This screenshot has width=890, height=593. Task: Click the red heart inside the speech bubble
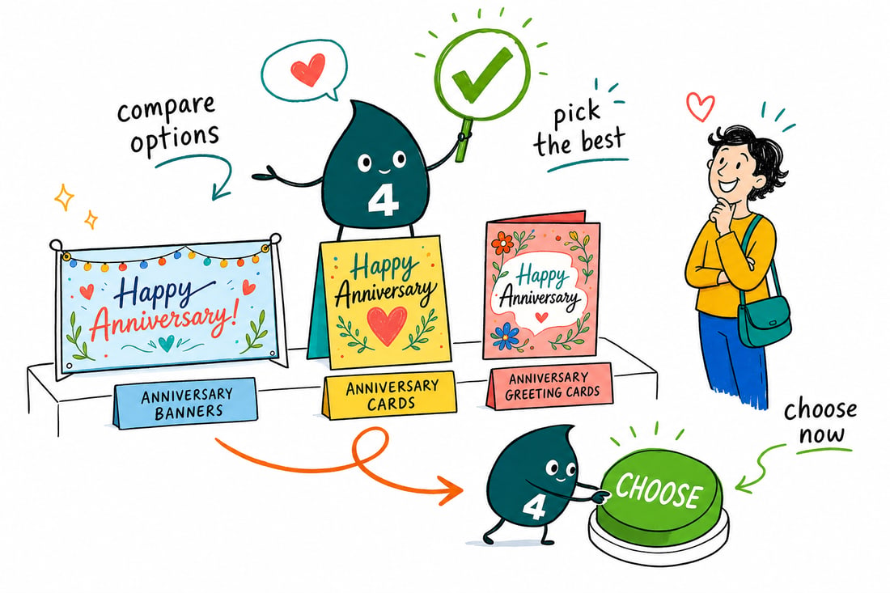(x=308, y=70)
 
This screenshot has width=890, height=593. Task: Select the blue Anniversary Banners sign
(x=185, y=402)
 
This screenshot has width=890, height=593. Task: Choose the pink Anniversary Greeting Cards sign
(x=550, y=385)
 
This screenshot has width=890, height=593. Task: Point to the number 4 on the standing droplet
(x=383, y=201)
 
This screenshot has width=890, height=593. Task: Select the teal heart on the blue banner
(x=166, y=342)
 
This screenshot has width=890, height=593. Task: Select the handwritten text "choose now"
(x=820, y=421)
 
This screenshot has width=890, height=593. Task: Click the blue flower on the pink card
(x=506, y=336)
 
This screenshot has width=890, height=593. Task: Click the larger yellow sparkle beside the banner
(x=64, y=197)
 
